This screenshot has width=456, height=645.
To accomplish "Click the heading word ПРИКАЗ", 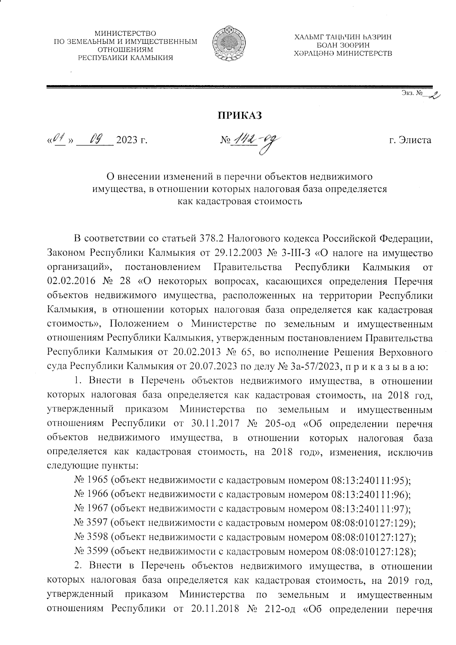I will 239,116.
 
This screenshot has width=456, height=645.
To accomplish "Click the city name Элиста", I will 415,140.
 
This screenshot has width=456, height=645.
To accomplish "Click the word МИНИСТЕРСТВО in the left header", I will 125,35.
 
